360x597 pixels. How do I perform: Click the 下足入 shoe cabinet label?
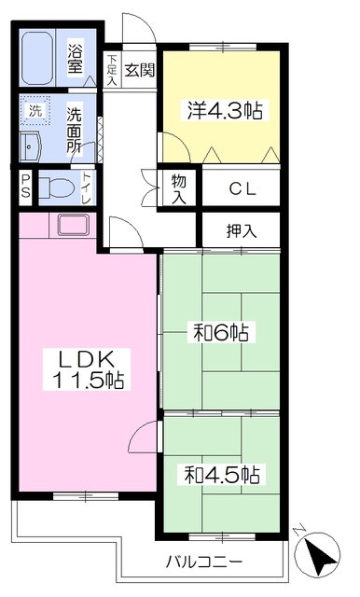pyautogui.click(x=112, y=69)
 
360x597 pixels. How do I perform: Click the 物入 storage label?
pyautogui.click(x=179, y=190)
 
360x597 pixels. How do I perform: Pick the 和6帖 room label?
pyautogui.click(x=224, y=331)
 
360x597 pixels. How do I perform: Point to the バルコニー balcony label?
pyautogui.click(x=204, y=562)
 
